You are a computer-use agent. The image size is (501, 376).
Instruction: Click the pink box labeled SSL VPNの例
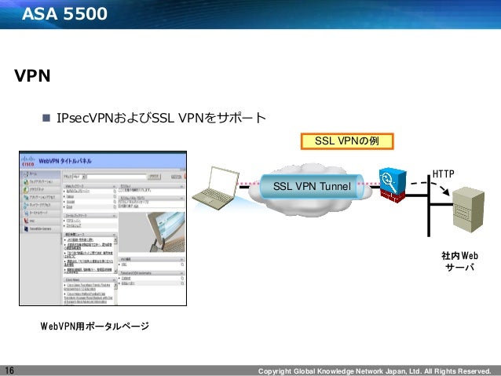click(x=346, y=141)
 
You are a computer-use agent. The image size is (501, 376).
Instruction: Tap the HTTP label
click(x=444, y=171)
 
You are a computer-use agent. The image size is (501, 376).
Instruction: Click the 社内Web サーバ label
click(x=459, y=262)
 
